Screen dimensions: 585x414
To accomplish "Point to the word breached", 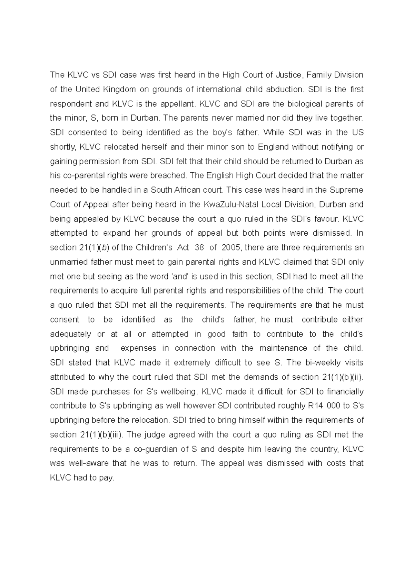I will coord(169,175).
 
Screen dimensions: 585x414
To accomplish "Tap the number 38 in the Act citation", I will coord(199,247).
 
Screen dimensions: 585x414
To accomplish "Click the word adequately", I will coord(71,334).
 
